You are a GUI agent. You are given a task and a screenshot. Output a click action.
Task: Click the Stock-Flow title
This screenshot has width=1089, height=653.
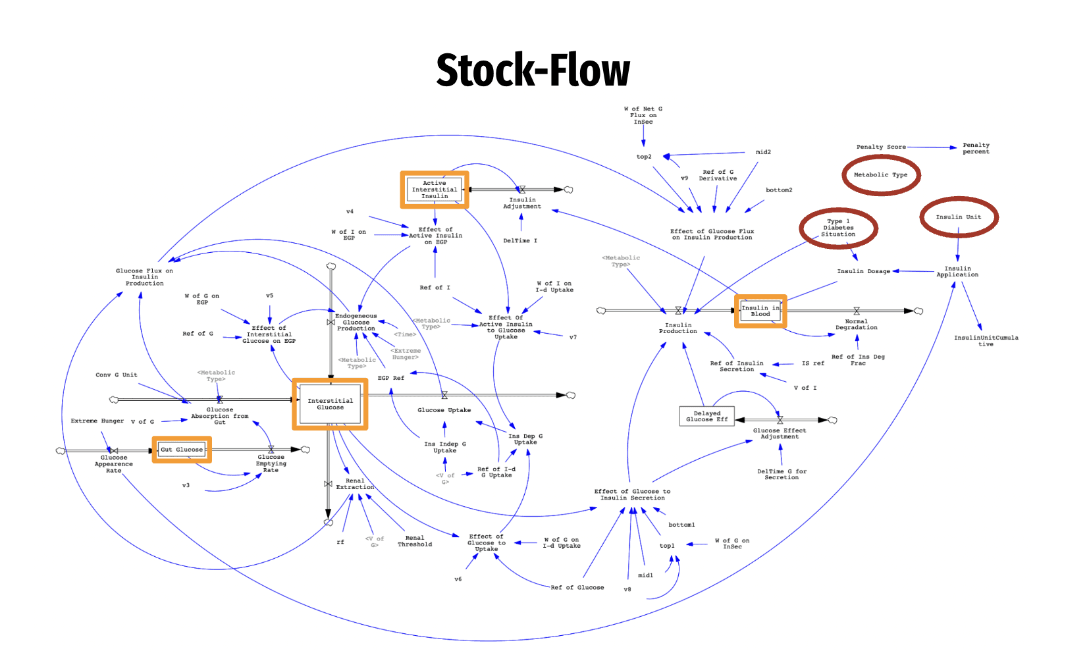[533, 70]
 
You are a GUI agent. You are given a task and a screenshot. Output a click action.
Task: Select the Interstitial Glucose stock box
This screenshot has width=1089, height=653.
[330, 404]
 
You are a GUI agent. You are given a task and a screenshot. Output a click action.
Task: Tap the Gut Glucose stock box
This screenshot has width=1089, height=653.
[182, 450]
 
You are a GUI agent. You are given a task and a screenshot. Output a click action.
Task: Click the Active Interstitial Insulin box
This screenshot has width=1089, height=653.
[435, 190]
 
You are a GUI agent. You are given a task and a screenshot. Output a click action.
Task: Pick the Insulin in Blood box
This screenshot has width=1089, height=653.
[760, 311]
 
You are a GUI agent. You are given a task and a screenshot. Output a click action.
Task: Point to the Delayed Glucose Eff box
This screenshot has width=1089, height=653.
[706, 416]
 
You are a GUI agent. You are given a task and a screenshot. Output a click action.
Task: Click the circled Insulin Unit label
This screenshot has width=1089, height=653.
[958, 217]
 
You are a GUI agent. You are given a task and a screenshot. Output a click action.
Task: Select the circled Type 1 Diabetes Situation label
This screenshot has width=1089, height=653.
[837, 228]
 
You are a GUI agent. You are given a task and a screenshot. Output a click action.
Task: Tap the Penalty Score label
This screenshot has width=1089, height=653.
[880, 147]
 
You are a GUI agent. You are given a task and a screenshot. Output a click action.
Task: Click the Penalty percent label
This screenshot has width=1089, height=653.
[975, 148]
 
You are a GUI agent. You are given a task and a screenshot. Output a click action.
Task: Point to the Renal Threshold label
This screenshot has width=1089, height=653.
[415, 541]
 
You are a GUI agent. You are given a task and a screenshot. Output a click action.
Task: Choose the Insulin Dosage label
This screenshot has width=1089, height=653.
[863, 271]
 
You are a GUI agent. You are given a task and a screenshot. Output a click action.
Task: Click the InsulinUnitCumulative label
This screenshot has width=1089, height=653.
[986, 341]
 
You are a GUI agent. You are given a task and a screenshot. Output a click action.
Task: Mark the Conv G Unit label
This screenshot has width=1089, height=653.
[117, 375]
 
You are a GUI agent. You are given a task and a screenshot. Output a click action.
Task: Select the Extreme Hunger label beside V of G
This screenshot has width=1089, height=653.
[97, 421]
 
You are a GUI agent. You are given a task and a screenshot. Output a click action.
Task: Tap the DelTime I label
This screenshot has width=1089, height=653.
[520, 240]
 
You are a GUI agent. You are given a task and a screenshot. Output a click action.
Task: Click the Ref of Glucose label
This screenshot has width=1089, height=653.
[577, 587]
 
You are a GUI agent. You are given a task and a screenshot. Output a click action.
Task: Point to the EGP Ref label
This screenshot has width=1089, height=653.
[390, 378]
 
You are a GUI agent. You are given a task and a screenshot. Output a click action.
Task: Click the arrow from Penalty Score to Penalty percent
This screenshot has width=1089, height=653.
[931, 147]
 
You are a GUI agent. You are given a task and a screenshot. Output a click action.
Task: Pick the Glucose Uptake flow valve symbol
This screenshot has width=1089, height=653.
[444, 395]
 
